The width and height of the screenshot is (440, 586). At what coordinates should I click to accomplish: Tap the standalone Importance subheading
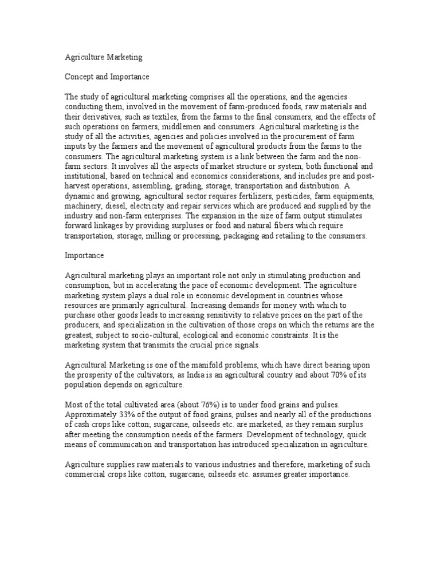click(x=84, y=258)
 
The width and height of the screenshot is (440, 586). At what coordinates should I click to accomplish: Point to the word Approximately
click(x=92, y=413)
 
